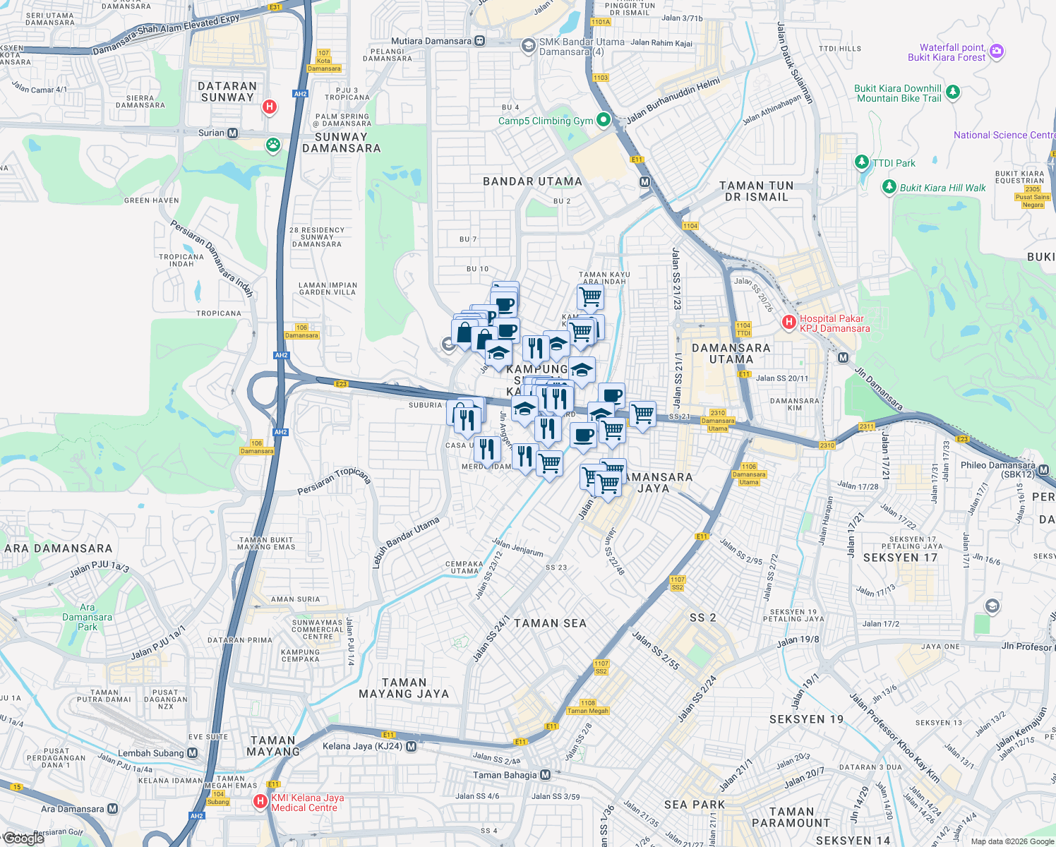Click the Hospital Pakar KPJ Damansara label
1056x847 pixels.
coord(834,323)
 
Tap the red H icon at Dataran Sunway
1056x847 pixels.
coord(269,107)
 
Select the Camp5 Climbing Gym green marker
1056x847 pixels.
coord(603,120)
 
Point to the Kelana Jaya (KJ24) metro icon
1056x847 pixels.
coord(411,746)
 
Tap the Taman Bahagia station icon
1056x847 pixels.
coord(545,775)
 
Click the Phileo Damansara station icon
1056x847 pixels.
coord(1043,470)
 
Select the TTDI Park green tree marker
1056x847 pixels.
coord(861,162)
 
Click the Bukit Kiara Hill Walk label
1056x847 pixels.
coord(942,188)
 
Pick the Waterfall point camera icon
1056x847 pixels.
coord(996,51)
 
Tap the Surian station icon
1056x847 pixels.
coord(232,133)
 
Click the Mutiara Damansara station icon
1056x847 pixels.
coord(480,41)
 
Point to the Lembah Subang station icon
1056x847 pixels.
coord(192,753)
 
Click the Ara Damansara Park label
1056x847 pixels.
coord(87,617)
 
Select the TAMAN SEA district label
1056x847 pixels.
coord(550,623)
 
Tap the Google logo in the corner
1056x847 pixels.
coord(23,838)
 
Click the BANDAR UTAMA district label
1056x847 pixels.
coord(532,181)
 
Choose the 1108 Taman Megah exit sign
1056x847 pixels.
coord(587,707)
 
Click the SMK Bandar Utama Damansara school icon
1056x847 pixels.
coord(528,46)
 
